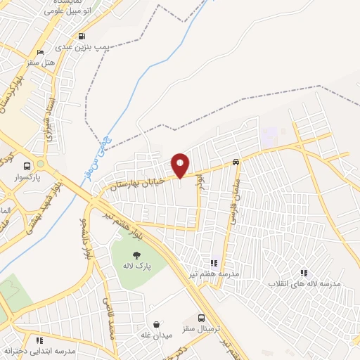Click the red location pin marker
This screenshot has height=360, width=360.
pos(180,165)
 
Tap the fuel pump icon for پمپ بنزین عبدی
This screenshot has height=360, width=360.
pos(83,37)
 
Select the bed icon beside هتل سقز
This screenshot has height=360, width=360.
pos(40,52)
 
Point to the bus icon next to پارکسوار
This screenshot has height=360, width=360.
pos(27,167)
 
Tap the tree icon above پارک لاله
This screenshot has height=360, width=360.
pos(137,255)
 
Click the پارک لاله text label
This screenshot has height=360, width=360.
pos(137,267)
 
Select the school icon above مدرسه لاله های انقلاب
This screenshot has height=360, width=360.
pos(304,272)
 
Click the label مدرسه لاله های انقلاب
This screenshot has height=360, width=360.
pos(304,283)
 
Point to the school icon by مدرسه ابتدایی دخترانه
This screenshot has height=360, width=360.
pos(39,340)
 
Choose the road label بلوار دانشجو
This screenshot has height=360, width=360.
pos(85,238)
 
